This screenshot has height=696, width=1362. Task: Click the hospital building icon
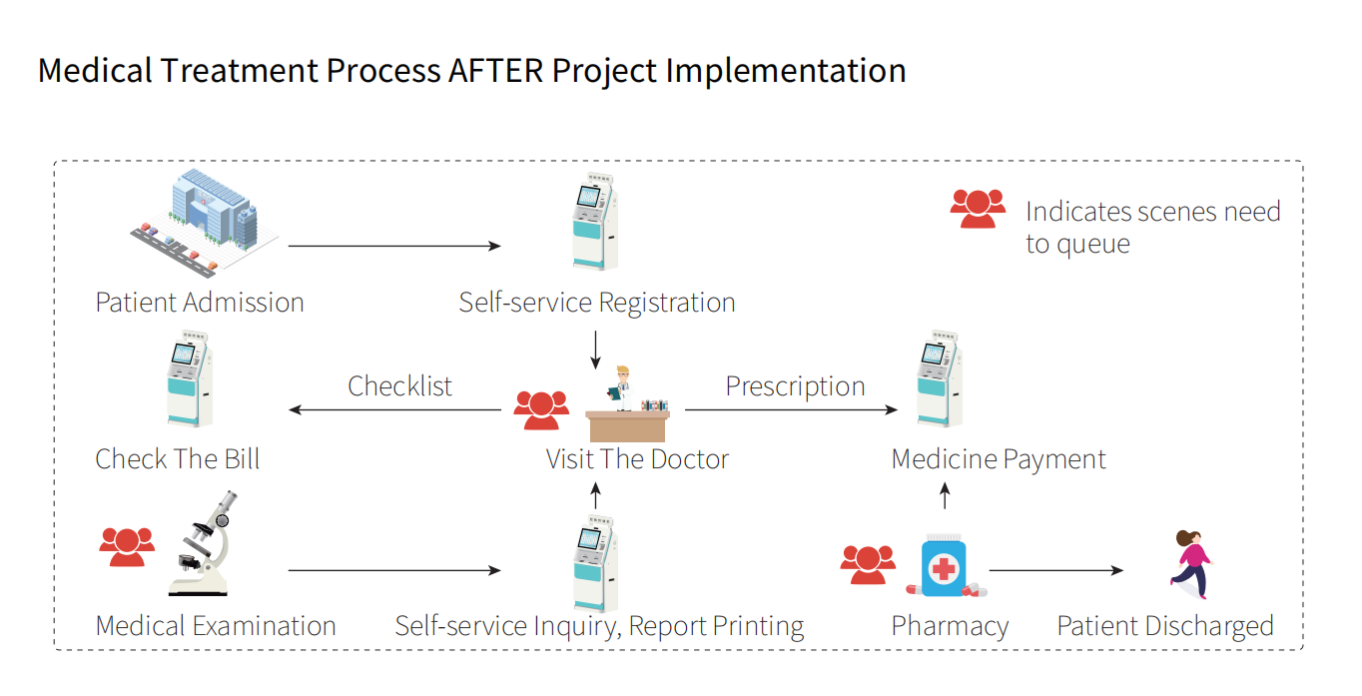(205, 223)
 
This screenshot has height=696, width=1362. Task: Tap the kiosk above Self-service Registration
(596, 222)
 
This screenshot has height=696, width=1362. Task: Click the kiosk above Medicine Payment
(940, 378)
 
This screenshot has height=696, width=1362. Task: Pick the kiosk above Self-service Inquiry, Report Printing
(596, 563)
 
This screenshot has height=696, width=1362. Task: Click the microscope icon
(203, 543)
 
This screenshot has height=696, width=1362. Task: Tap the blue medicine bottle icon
(946, 566)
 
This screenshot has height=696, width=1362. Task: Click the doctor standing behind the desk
(622, 388)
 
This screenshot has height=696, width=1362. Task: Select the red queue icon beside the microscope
(127, 547)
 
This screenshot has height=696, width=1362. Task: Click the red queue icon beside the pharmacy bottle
(868, 565)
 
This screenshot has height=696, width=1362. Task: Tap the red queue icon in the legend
(978, 209)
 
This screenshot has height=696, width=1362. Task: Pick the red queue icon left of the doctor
(541, 410)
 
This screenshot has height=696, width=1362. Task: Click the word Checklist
(399, 386)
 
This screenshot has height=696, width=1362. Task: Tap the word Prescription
(795, 387)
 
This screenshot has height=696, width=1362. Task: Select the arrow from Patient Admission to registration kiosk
(394, 247)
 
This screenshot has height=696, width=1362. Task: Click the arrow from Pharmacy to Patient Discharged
(1056, 570)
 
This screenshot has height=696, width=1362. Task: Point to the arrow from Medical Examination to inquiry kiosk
(394, 570)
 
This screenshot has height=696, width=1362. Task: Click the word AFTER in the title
(495, 71)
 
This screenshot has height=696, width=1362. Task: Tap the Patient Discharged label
(1165, 626)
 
